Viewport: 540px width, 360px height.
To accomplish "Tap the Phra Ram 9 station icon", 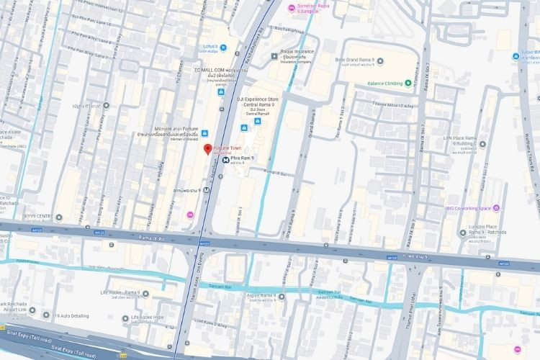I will pyautogui.click(x=225, y=161).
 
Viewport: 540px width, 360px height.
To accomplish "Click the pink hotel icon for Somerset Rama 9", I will pyautogui.click(x=291, y=8).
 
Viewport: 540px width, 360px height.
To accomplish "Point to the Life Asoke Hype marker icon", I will pyautogui.click(x=125, y=318).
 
